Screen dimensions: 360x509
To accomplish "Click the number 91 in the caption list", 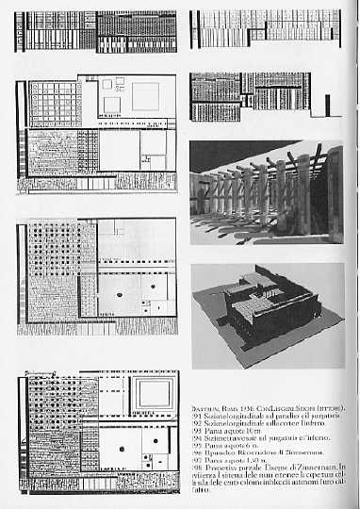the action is [x=195, y=414].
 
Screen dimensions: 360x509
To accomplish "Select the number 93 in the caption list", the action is [x=195, y=430].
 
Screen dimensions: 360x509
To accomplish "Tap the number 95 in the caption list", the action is [x=195, y=446].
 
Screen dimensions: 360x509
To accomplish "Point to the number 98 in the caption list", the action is [x=195, y=470].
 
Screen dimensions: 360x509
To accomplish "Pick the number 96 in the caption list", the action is [x=195, y=454].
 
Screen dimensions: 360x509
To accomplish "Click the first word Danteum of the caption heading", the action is [x=204, y=405].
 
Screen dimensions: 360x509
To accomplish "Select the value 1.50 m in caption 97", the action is [x=243, y=462].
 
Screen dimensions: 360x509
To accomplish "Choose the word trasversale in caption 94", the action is [x=238, y=438].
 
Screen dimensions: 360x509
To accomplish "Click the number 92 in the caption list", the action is [x=195, y=422].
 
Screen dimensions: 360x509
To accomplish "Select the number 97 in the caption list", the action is [x=195, y=462].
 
